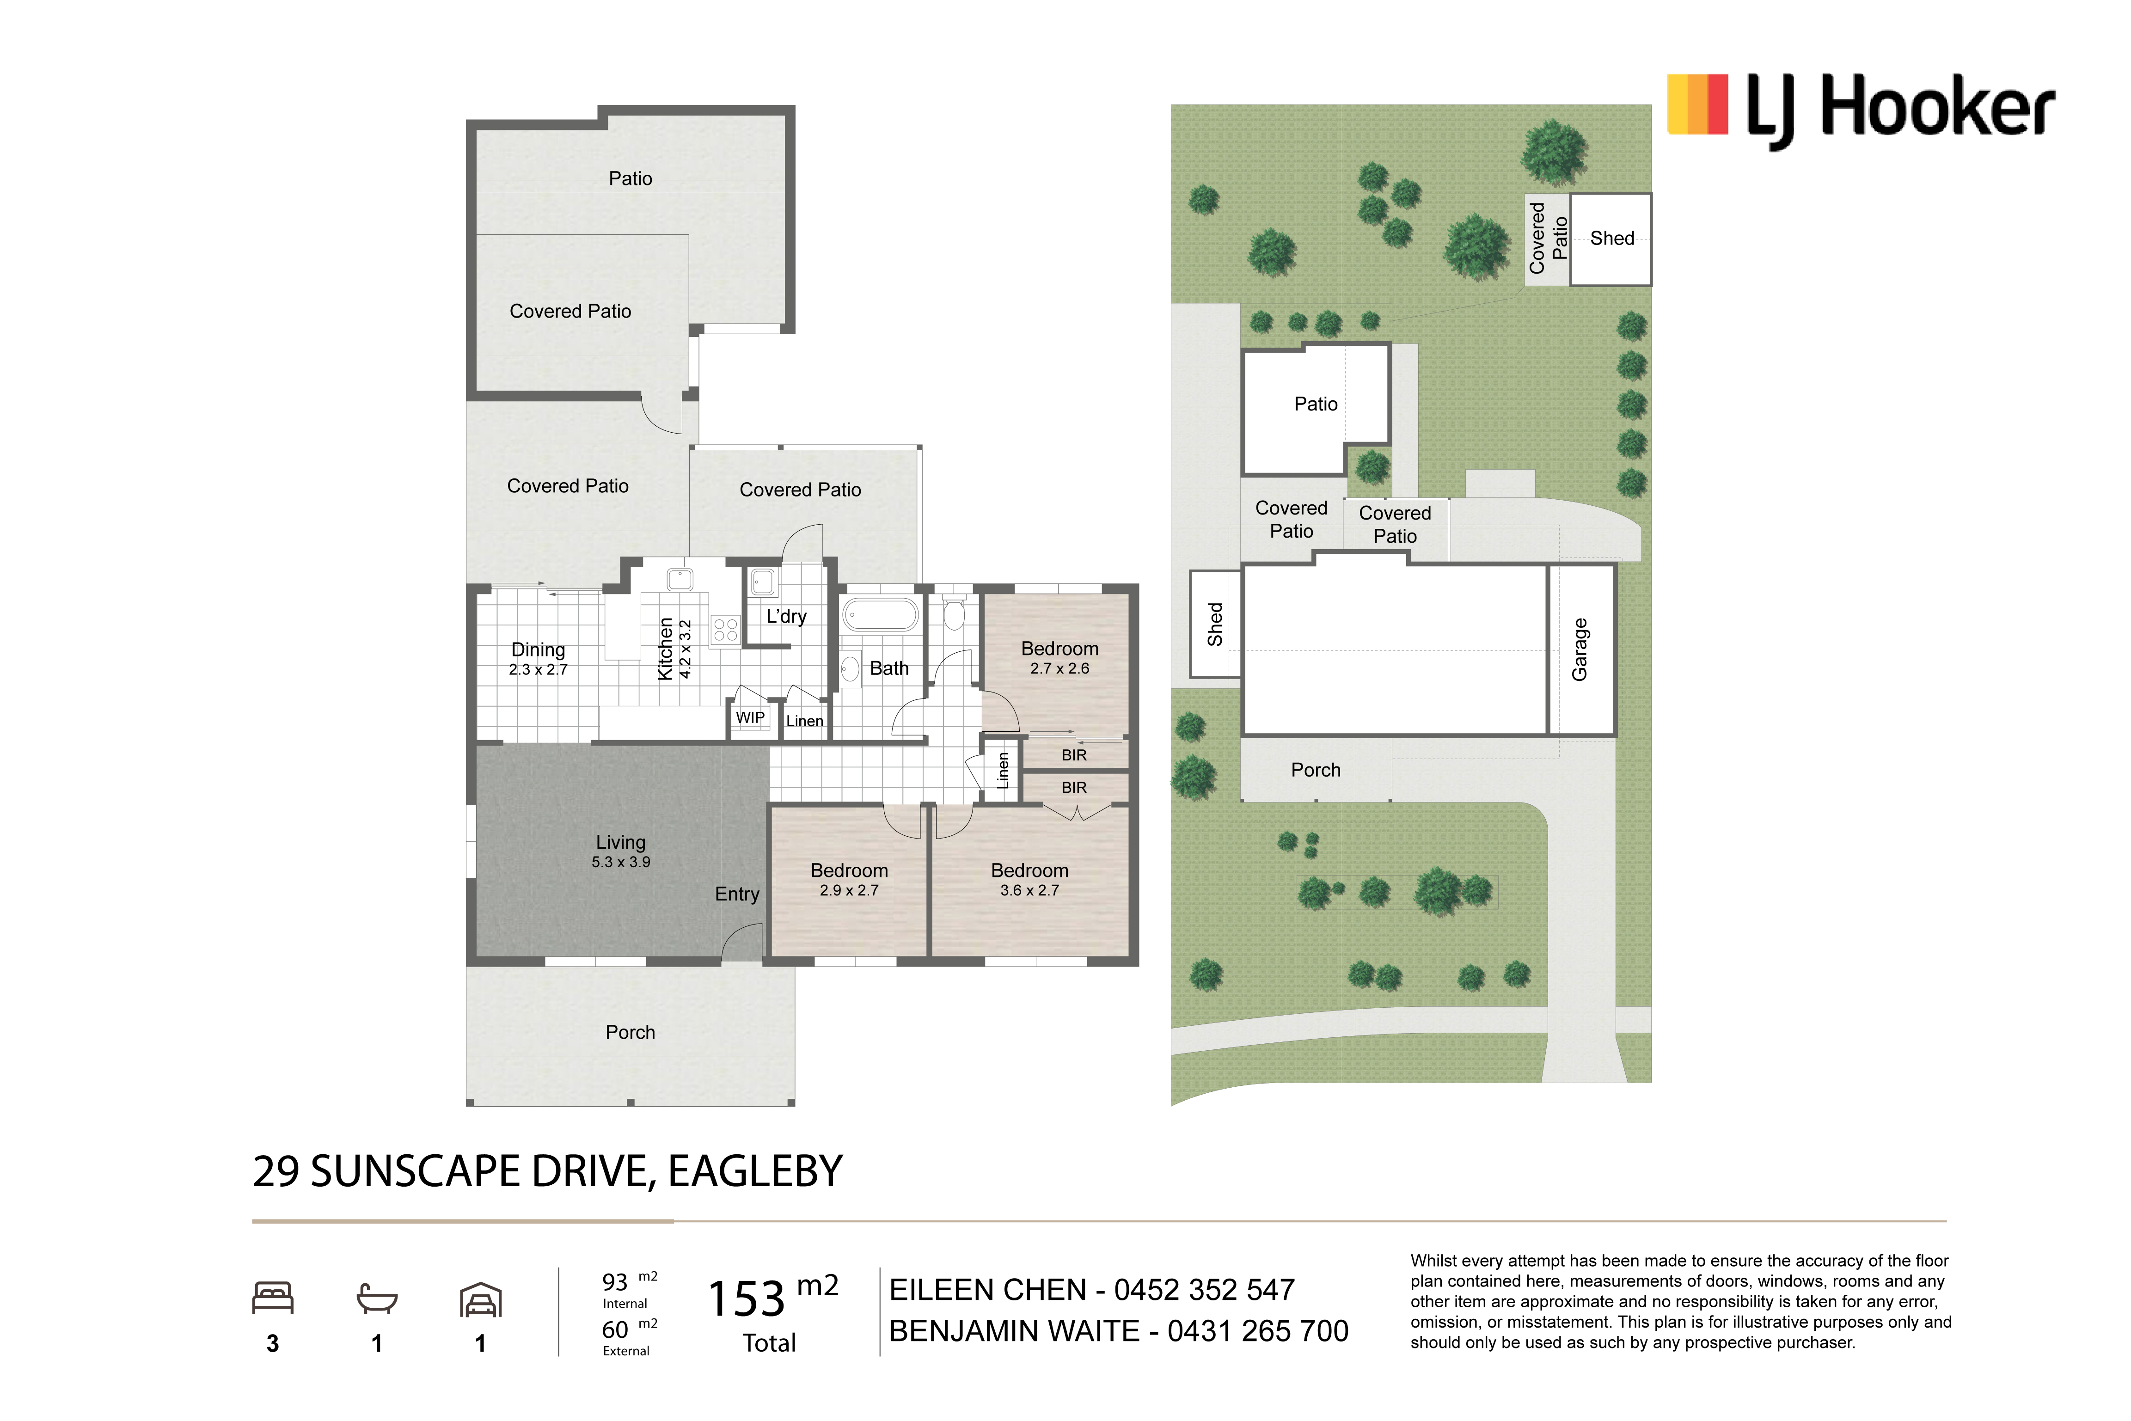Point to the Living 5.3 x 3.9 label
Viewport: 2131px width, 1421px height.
pos(621,851)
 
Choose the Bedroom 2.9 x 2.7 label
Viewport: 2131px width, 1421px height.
pos(849,879)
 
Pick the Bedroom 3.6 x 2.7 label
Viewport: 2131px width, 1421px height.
pos(1029,879)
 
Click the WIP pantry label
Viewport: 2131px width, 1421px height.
pos(750,718)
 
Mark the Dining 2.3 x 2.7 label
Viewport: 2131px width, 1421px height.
pos(538,659)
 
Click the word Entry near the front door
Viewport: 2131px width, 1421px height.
pos(737,894)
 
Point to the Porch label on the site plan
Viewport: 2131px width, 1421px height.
pos(1316,769)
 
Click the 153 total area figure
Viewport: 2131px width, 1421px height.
pos(746,1298)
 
